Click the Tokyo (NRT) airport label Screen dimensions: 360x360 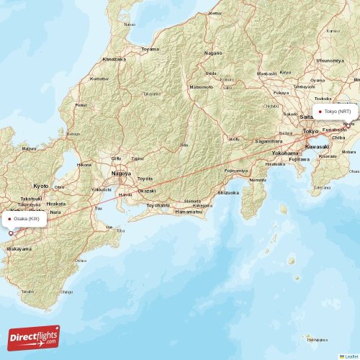pos(337,112)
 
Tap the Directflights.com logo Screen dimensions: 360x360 pos(34,337)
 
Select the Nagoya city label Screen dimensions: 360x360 pos(120,174)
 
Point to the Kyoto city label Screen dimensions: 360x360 pos(41,185)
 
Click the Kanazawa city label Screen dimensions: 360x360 pos(114,58)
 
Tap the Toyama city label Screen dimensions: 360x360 pos(150,49)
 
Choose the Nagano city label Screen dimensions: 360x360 pos(213,53)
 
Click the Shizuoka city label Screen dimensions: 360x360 pos(228,192)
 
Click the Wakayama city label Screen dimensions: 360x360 pos(19,248)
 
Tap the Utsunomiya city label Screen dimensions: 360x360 pos(329,60)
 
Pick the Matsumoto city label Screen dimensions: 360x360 pos(202,86)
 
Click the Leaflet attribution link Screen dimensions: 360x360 pos(348,356)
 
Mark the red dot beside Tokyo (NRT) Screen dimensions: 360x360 pos(320,112)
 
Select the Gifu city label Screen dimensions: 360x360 pos(116,158)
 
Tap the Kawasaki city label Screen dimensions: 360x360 pos(317,146)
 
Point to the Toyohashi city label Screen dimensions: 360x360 pos(158,204)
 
